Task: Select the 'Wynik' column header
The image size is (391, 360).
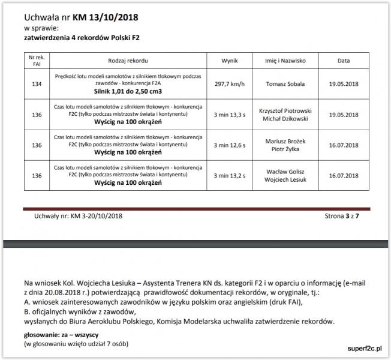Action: point(230,61)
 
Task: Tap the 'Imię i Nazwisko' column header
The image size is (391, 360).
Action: point(282,61)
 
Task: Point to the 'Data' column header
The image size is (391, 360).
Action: point(344,61)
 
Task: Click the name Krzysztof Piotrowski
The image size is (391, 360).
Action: point(282,110)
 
